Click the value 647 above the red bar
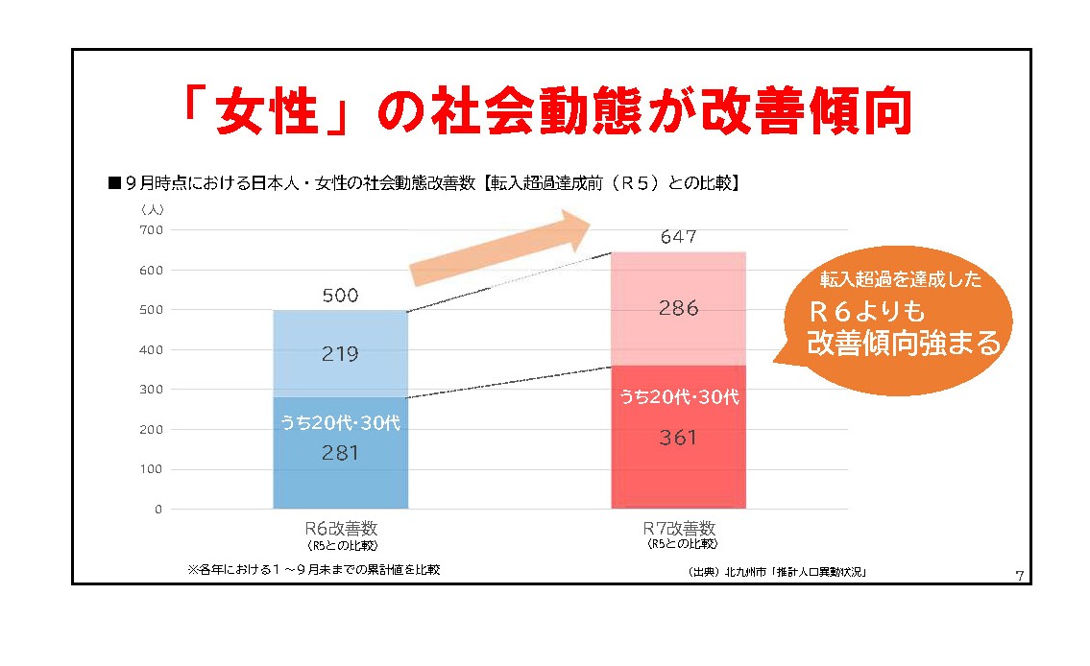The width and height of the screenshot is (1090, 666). point(678,237)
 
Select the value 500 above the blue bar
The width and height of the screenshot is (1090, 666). point(340,296)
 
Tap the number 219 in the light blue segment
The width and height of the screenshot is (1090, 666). point(340,354)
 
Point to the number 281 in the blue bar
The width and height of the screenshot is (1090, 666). point(340,453)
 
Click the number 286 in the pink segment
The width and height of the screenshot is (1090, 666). point(678,309)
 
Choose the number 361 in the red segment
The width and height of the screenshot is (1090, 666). point(678,439)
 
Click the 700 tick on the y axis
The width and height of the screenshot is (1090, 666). point(153,230)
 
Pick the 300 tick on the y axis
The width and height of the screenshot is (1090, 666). point(153,390)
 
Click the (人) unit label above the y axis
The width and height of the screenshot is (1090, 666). point(154,208)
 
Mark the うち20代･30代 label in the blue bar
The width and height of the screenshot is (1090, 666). point(340,422)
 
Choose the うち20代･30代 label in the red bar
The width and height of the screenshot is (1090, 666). point(678,396)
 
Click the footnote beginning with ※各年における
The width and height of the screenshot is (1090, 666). point(314,569)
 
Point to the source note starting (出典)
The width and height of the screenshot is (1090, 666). point(777,573)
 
